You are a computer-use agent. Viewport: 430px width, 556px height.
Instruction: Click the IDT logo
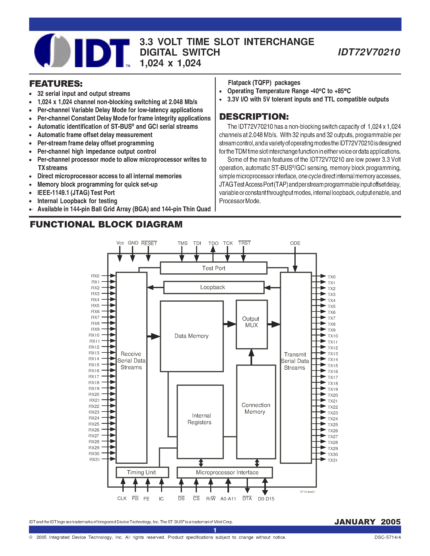pyautogui.click(x=82, y=51)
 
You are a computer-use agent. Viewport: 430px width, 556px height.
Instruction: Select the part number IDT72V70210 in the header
pyautogui.click(x=369, y=52)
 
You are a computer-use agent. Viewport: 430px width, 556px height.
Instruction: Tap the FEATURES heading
pyautogui.click(x=56, y=84)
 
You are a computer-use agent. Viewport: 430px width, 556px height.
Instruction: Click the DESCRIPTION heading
pyautogui.click(x=254, y=117)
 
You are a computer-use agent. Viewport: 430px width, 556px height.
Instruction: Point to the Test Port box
pyautogui.click(x=213, y=268)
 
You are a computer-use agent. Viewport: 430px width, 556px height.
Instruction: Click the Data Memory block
pyautogui.click(x=192, y=336)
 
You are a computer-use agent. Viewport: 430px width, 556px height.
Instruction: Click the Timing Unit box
pyautogui.click(x=142, y=472)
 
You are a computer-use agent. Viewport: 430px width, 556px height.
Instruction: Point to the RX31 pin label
pyautogui.click(x=94, y=460)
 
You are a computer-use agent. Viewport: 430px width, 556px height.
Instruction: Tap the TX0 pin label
pyautogui.click(x=331, y=277)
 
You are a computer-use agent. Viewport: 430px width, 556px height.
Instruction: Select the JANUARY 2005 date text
pyautogui.click(x=367, y=522)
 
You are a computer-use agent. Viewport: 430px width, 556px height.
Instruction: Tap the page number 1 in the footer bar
pyautogui.click(x=215, y=530)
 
